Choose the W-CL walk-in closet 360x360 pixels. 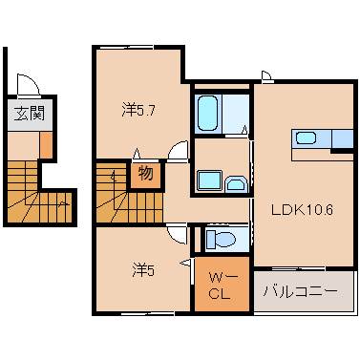coord(220,285)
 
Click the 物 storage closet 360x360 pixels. coord(146,175)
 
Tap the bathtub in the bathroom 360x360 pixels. coord(209,114)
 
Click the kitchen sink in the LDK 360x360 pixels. coord(306,138)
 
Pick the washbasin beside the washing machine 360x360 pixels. coord(235,179)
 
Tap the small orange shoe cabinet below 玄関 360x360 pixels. coord(46,142)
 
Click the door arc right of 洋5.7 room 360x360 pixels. coord(177,152)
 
